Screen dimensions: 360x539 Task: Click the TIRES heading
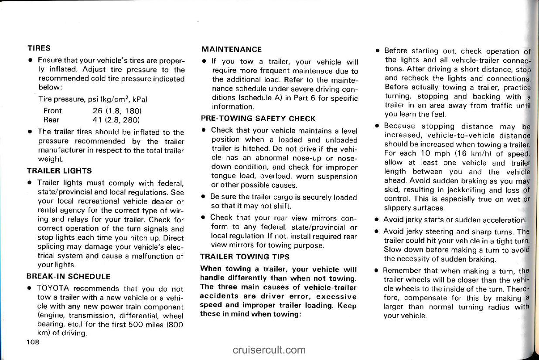(x=39, y=48)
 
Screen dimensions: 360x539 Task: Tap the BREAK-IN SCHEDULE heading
(x=69, y=276)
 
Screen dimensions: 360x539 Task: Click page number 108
(x=33, y=342)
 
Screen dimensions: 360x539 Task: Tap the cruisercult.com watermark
(x=269, y=350)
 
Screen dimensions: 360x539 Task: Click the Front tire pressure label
(x=53, y=111)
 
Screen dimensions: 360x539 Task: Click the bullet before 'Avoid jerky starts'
(x=376, y=219)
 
